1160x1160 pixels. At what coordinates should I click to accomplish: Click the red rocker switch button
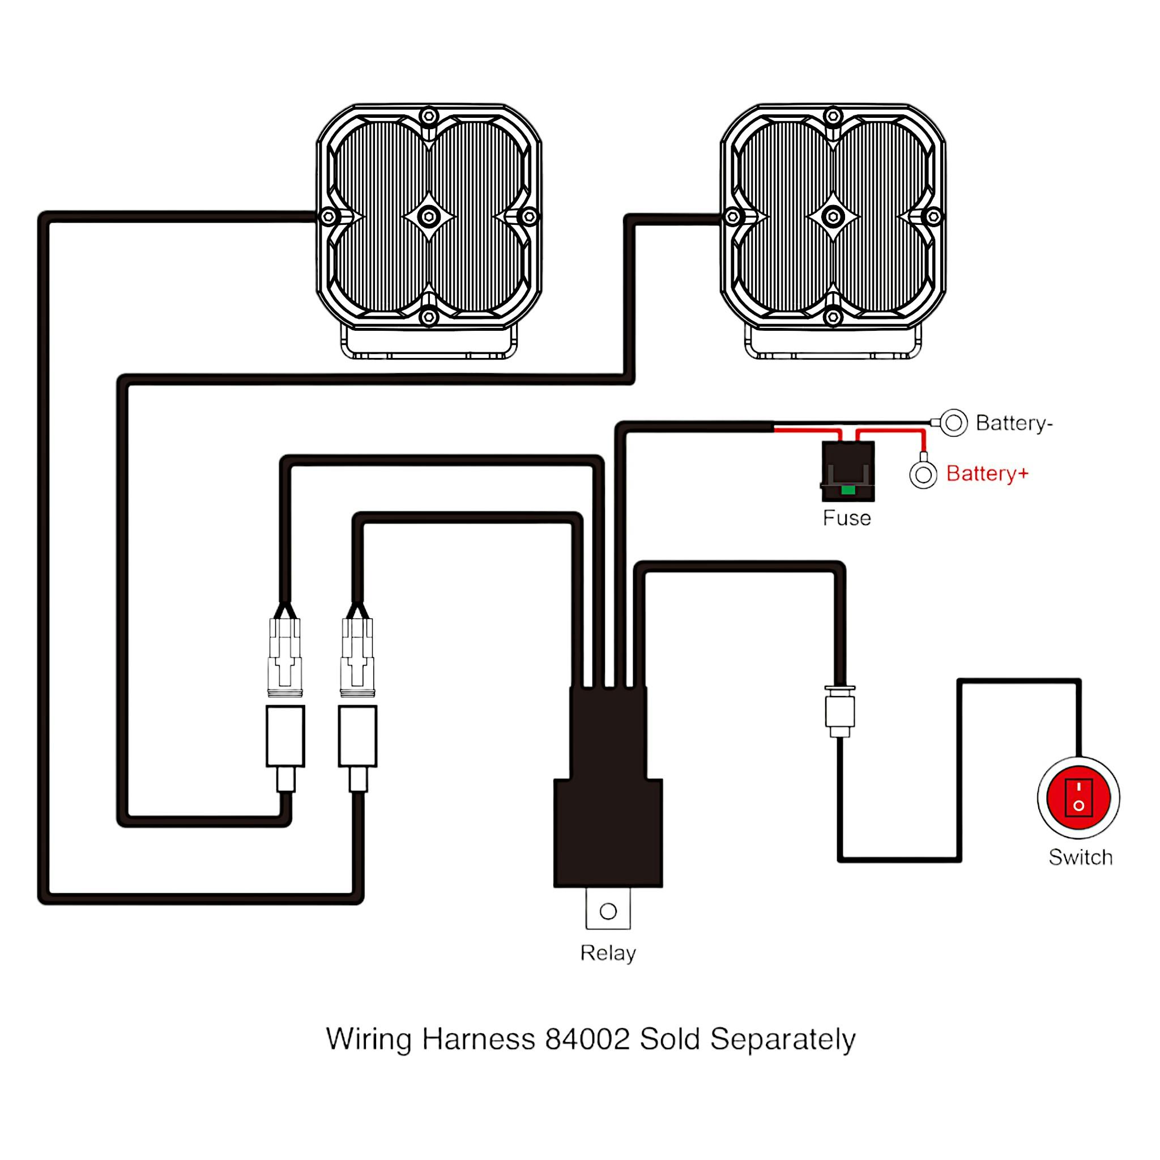(x=1078, y=797)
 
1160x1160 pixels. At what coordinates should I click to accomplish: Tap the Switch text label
(x=1080, y=858)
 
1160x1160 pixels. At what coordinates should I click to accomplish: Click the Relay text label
(x=608, y=953)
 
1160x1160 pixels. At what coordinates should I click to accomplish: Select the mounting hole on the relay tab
(x=608, y=911)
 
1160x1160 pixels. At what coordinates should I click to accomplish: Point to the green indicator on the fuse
(x=848, y=490)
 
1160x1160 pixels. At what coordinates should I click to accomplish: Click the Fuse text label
(x=847, y=518)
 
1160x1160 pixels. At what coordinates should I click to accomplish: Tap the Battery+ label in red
(x=987, y=474)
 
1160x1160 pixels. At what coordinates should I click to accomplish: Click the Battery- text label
(x=1014, y=423)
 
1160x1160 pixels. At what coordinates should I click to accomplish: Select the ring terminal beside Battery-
(x=953, y=423)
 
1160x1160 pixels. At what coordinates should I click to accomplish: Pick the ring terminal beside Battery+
(x=923, y=475)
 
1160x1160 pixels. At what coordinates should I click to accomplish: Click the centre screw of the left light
(x=428, y=216)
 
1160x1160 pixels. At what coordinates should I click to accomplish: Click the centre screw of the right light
(x=832, y=216)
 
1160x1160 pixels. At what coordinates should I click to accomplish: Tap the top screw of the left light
(x=428, y=116)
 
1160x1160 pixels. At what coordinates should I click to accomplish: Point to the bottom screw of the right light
(x=832, y=317)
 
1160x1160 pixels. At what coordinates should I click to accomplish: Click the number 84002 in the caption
(x=587, y=1039)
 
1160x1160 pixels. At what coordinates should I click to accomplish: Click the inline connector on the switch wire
(x=840, y=712)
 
